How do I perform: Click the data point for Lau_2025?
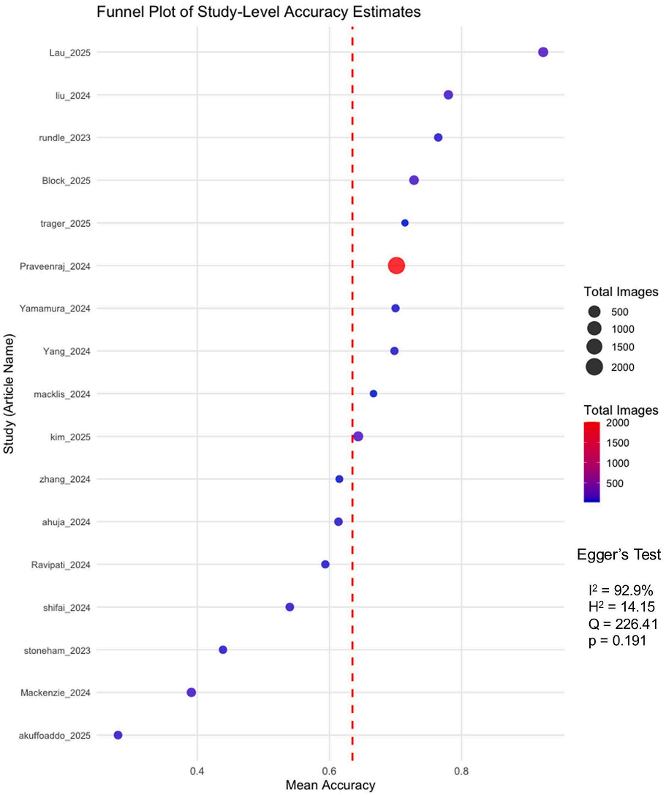coord(543,52)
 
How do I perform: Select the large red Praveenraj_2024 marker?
coord(396,266)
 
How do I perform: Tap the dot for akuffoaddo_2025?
coord(118,735)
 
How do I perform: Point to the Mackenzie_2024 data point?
coord(192,693)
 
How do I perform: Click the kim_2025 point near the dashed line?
coord(358,437)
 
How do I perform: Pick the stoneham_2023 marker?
coord(223,650)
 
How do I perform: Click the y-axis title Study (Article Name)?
coord(10,395)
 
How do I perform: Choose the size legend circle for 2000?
coord(594,367)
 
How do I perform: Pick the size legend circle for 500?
coord(594,311)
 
